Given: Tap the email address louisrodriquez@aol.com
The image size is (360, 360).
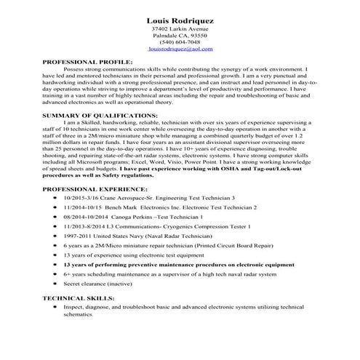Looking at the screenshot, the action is click(x=180, y=49).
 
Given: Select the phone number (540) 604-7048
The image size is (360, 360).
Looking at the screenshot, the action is click(x=180, y=41).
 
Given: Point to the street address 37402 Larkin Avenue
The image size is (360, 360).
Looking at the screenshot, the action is click(x=180, y=28).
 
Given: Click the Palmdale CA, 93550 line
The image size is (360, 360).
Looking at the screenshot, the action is click(x=180, y=35).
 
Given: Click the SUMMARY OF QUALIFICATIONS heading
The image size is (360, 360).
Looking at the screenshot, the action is click(x=100, y=116).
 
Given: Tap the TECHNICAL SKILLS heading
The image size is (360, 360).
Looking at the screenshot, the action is click(x=79, y=298).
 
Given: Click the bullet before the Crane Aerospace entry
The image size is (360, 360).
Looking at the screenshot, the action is click(x=56, y=198).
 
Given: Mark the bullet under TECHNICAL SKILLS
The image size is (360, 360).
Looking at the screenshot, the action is click(x=56, y=308).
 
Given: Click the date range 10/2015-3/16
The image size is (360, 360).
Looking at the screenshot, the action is click(x=80, y=198).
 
